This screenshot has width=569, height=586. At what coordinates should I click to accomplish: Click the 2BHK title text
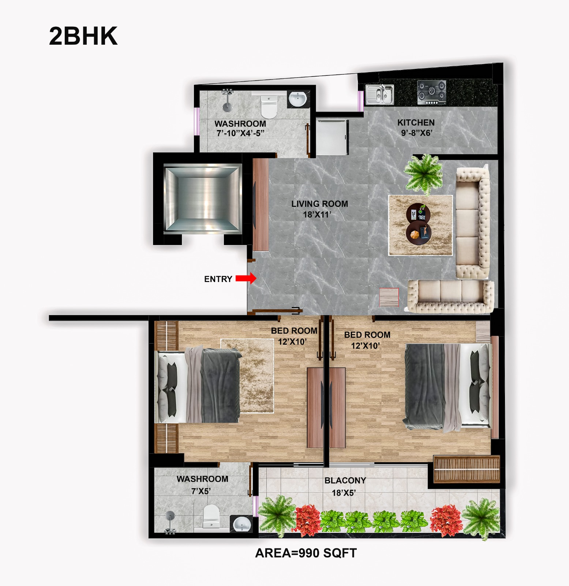click(83, 36)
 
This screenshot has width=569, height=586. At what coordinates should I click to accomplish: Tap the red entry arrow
click(246, 278)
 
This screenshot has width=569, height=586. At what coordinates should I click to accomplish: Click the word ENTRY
click(218, 279)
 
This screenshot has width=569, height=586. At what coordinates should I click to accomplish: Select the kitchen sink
click(379, 94)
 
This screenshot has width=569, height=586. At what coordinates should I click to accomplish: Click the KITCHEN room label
click(416, 123)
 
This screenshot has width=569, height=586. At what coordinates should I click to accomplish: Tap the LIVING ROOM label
click(319, 204)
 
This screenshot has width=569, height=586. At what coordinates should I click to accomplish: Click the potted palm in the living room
click(423, 174)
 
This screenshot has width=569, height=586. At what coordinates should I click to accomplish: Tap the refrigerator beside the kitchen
click(332, 137)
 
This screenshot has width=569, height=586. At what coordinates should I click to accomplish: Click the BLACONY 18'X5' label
click(345, 486)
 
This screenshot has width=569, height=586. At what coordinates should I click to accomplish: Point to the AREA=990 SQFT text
click(306, 553)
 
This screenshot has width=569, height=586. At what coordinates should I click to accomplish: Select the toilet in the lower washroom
click(211, 516)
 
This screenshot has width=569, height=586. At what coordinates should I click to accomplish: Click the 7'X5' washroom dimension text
click(201, 491)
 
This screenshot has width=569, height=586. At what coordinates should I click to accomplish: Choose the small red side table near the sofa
click(389, 297)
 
